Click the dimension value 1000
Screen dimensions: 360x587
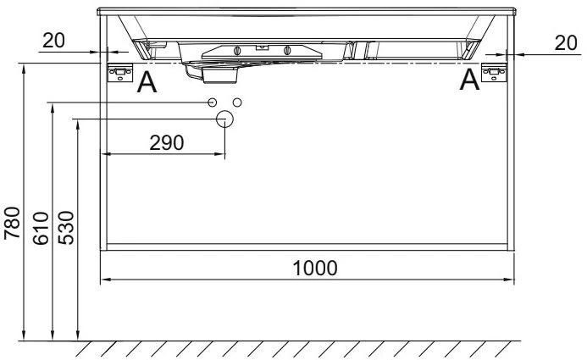pos(315,268)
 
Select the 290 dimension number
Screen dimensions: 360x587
pos(166,142)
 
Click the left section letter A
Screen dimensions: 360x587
pos(147,82)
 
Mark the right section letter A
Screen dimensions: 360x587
pos(468,80)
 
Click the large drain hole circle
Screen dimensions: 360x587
pos(224,119)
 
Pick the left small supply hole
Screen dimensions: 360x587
pos(212,102)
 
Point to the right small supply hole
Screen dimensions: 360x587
pos(237,102)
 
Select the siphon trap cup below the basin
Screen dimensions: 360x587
pos(219,75)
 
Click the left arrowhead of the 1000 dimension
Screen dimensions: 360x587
pos(105,280)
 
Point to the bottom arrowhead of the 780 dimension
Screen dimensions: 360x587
pos(25,336)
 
